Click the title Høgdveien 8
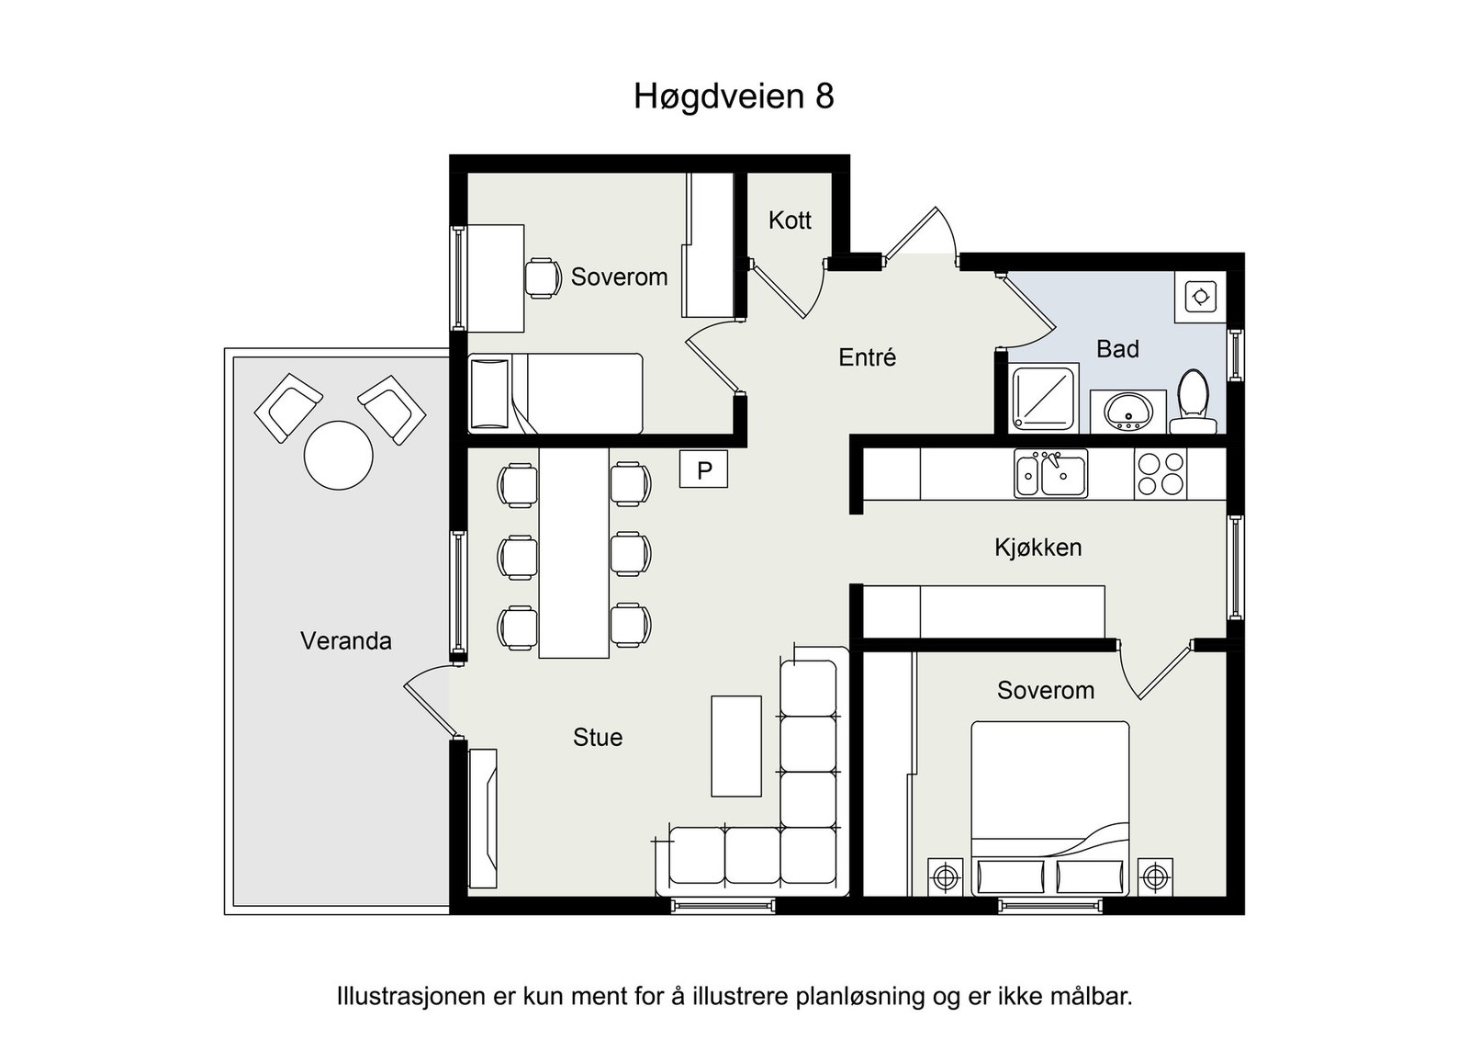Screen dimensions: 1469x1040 tap(734, 96)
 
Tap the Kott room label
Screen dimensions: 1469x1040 tap(790, 220)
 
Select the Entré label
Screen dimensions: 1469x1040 tap(867, 357)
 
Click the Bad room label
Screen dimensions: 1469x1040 tap(1117, 349)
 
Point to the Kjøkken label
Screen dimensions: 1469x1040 tap(1038, 548)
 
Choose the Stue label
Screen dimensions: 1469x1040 tap(598, 738)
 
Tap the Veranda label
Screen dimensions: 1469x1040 tap(345, 641)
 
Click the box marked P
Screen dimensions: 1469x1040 tap(703, 469)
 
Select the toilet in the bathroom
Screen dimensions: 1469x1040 tap(1194, 401)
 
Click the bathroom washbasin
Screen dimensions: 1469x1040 tap(1128, 413)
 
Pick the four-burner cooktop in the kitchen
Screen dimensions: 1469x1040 tap(1161, 474)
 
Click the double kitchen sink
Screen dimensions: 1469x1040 tap(1050, 473)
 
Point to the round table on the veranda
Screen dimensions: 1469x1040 tap(339, 456)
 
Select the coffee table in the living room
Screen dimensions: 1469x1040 tap(735, 746)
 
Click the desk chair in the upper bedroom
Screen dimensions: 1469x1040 tap(543, 278)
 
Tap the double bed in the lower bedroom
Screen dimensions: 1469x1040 tap(1050, 808)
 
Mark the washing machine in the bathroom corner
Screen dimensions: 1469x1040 tap(1200, 297)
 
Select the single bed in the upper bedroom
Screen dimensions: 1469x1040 tap(555, 394)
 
